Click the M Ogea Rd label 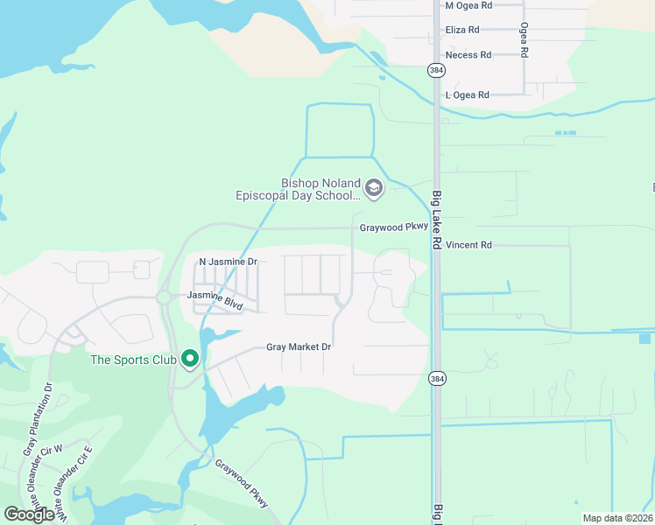tap(468, 5)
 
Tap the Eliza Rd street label tap(462, 30)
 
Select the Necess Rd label tap(468, 54)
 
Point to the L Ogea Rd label tap(467, 94)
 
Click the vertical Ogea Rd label tap(524, 40)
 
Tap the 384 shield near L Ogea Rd tap(436, 70)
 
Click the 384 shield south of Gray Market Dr tap(436, 379)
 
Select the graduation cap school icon tap(374, 189)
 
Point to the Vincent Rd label tap(468, 245)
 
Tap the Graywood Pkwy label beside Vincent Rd tap(393, 227)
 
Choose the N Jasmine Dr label tap(228, 262)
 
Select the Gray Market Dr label tap(299, 347)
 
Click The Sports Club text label tap(132, 360)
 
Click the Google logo tap(30, 514)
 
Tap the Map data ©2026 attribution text tap(617, 518)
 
